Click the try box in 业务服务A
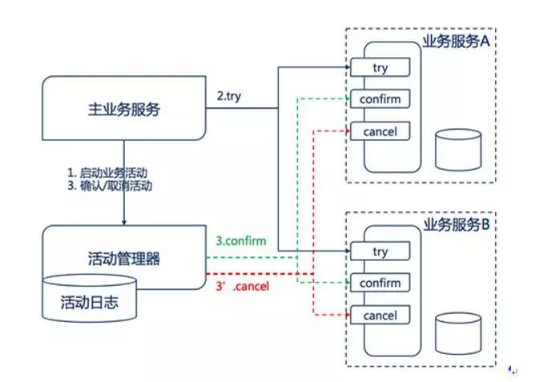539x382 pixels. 380,68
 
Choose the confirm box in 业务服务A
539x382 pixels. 380,99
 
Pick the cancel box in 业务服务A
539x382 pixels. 380,131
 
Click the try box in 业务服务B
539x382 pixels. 380,251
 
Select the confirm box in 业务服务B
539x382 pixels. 380,283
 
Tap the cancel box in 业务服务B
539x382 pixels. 380,315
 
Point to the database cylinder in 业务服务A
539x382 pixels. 458,149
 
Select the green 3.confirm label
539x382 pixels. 241,240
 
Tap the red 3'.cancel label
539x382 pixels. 243,286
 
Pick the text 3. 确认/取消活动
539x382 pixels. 110,186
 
